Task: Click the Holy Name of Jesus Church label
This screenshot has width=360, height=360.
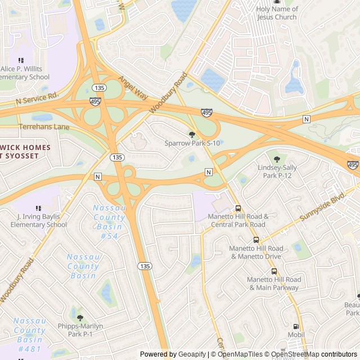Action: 276,13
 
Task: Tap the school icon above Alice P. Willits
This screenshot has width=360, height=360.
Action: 21,60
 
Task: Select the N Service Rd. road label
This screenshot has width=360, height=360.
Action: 37,99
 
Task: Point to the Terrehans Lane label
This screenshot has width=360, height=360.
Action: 44,127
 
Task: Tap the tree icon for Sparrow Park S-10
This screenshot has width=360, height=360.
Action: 192,134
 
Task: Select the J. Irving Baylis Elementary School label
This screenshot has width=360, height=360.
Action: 42,221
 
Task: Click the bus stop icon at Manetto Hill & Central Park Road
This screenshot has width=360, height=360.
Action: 238,208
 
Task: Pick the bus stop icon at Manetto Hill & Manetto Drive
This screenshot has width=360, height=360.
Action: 256,239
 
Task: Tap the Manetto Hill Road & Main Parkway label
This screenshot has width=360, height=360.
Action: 273,283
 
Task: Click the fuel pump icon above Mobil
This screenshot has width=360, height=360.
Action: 296,326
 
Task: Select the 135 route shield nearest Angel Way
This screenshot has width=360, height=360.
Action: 100,88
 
